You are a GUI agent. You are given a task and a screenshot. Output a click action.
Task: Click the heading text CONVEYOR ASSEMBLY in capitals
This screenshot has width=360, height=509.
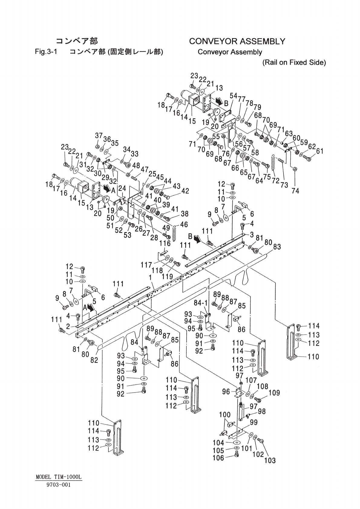point(237,41)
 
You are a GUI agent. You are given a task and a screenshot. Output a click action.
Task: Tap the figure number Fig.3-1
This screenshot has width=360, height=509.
point(46,52)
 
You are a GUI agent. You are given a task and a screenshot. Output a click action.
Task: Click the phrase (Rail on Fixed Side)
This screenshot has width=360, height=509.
point(294,63)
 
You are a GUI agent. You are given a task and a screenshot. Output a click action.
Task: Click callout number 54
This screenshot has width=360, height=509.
point(233,96)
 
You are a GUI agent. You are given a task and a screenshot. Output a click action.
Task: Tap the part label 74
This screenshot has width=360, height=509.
point(296,191)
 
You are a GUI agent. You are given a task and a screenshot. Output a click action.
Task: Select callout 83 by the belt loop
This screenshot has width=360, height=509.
point(277,247)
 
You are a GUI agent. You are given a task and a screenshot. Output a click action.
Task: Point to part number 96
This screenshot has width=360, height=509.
point(226,392)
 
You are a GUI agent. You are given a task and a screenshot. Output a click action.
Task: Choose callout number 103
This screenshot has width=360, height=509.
point(270,460)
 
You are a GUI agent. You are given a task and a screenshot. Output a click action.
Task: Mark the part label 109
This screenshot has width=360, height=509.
point(274,393)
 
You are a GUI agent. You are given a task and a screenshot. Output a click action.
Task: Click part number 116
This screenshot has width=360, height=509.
point(165,243)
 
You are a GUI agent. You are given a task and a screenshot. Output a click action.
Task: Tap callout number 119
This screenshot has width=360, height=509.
point(167,276)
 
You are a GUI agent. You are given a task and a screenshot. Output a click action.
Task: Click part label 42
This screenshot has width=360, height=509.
point(185,191)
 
